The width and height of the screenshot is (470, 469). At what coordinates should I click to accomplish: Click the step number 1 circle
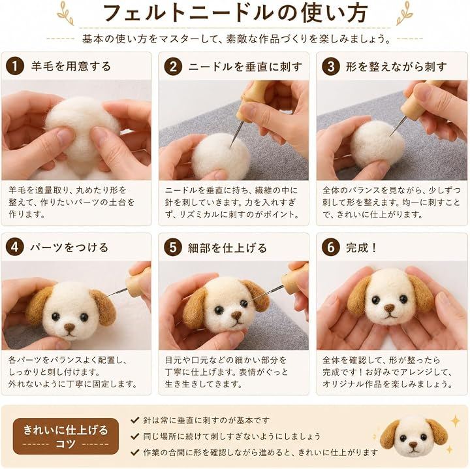[x=15, y=66]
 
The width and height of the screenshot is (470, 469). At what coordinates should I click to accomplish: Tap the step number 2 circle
[x=173, y=66]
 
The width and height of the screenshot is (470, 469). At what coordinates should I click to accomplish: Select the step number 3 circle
[x=331, y=66]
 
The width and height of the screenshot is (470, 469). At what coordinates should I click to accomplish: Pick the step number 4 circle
[x=15, y=247]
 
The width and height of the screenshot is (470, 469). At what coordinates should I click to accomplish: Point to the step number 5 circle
[x=173, y=247]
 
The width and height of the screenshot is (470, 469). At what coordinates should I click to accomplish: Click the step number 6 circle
[x=331, y=247]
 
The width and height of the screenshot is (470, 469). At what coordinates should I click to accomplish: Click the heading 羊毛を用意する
[x=71, y=66]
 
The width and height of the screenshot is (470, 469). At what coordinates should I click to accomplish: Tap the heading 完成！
[x=362, y=248]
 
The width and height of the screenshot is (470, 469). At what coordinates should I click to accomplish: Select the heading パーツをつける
[x=69, y=248]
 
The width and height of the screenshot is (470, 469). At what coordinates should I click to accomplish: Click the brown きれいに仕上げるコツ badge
[x=66, y=436]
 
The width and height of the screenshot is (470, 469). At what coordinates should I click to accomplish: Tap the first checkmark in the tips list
[x=135, y=420]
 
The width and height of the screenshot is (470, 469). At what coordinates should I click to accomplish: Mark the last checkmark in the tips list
[x=135, y=452]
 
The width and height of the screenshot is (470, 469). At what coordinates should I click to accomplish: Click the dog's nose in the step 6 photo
[x=389, y=308]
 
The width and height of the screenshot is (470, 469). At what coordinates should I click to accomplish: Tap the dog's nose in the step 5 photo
[x=236, y=315]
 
